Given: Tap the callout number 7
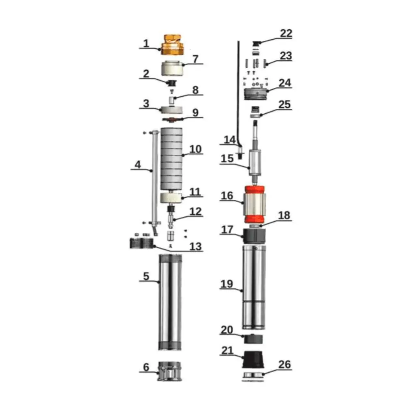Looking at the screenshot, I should (x=195, y=59).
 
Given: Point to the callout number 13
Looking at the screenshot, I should (x=196, y=246).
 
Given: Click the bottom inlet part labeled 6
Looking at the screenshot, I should (x=170, y=371).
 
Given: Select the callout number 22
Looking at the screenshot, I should (x=286, y=33).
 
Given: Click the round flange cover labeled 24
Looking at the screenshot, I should (x=256, y=94).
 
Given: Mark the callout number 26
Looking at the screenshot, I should (x=285, y=365).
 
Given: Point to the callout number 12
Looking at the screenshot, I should (x=195, y=212).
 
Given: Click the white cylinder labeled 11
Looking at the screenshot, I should (x=170, y=198).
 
